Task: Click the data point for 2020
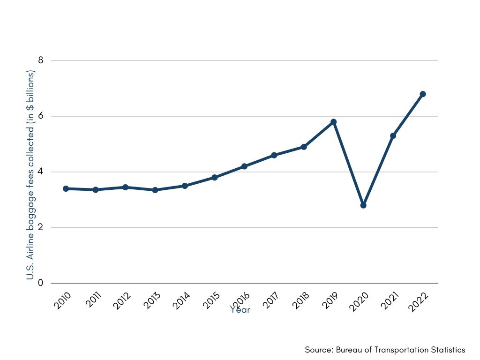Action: pos(363,205)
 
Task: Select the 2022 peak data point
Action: pos(423,94)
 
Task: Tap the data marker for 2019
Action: pos(334,122)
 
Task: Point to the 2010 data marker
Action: pos(66,188)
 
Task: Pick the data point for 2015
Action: pos(215,178)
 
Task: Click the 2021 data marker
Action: pos(393,136)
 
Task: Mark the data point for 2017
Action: pos(274,155)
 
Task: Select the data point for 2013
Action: pos(155,190)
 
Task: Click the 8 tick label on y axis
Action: pos(41,60)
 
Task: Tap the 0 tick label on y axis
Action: pos(41,283)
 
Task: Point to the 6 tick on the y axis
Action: pos(41,116)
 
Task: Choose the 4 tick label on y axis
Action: pos(41,172)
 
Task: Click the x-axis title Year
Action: pos(240,310)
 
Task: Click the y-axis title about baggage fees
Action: pos(31,175)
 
